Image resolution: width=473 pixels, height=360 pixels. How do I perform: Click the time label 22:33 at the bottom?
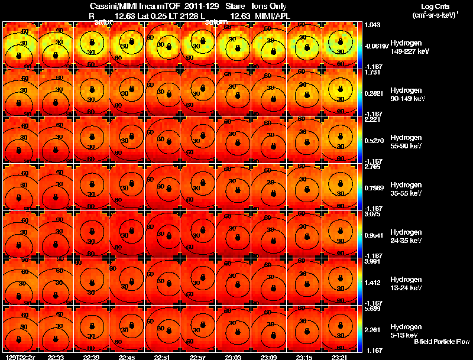click(x=57, y=357)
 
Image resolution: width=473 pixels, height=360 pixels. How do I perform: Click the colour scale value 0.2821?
click(x=374, y=93)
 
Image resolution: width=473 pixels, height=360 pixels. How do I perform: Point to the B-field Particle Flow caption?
click(x=441, y=342)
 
